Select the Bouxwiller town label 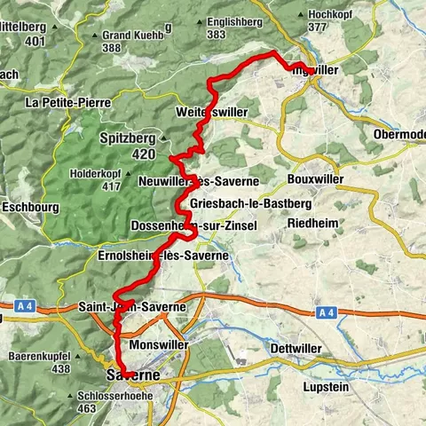point(315,178)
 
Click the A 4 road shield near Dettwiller point(326,312)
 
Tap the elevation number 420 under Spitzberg point(146,154)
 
